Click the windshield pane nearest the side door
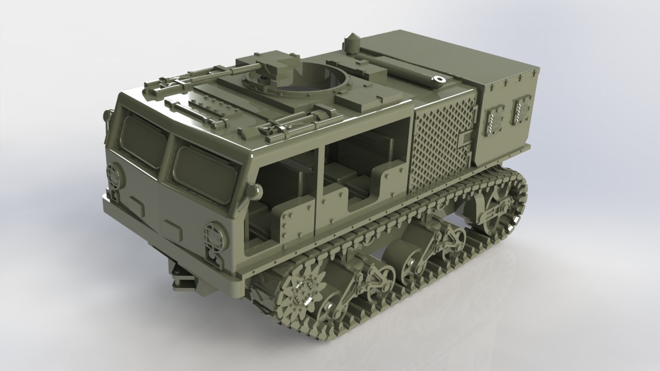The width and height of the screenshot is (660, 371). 205,172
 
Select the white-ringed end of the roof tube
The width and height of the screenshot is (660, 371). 439,79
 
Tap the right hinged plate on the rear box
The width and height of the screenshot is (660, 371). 522,109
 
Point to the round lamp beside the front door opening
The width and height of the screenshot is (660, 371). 253,191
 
